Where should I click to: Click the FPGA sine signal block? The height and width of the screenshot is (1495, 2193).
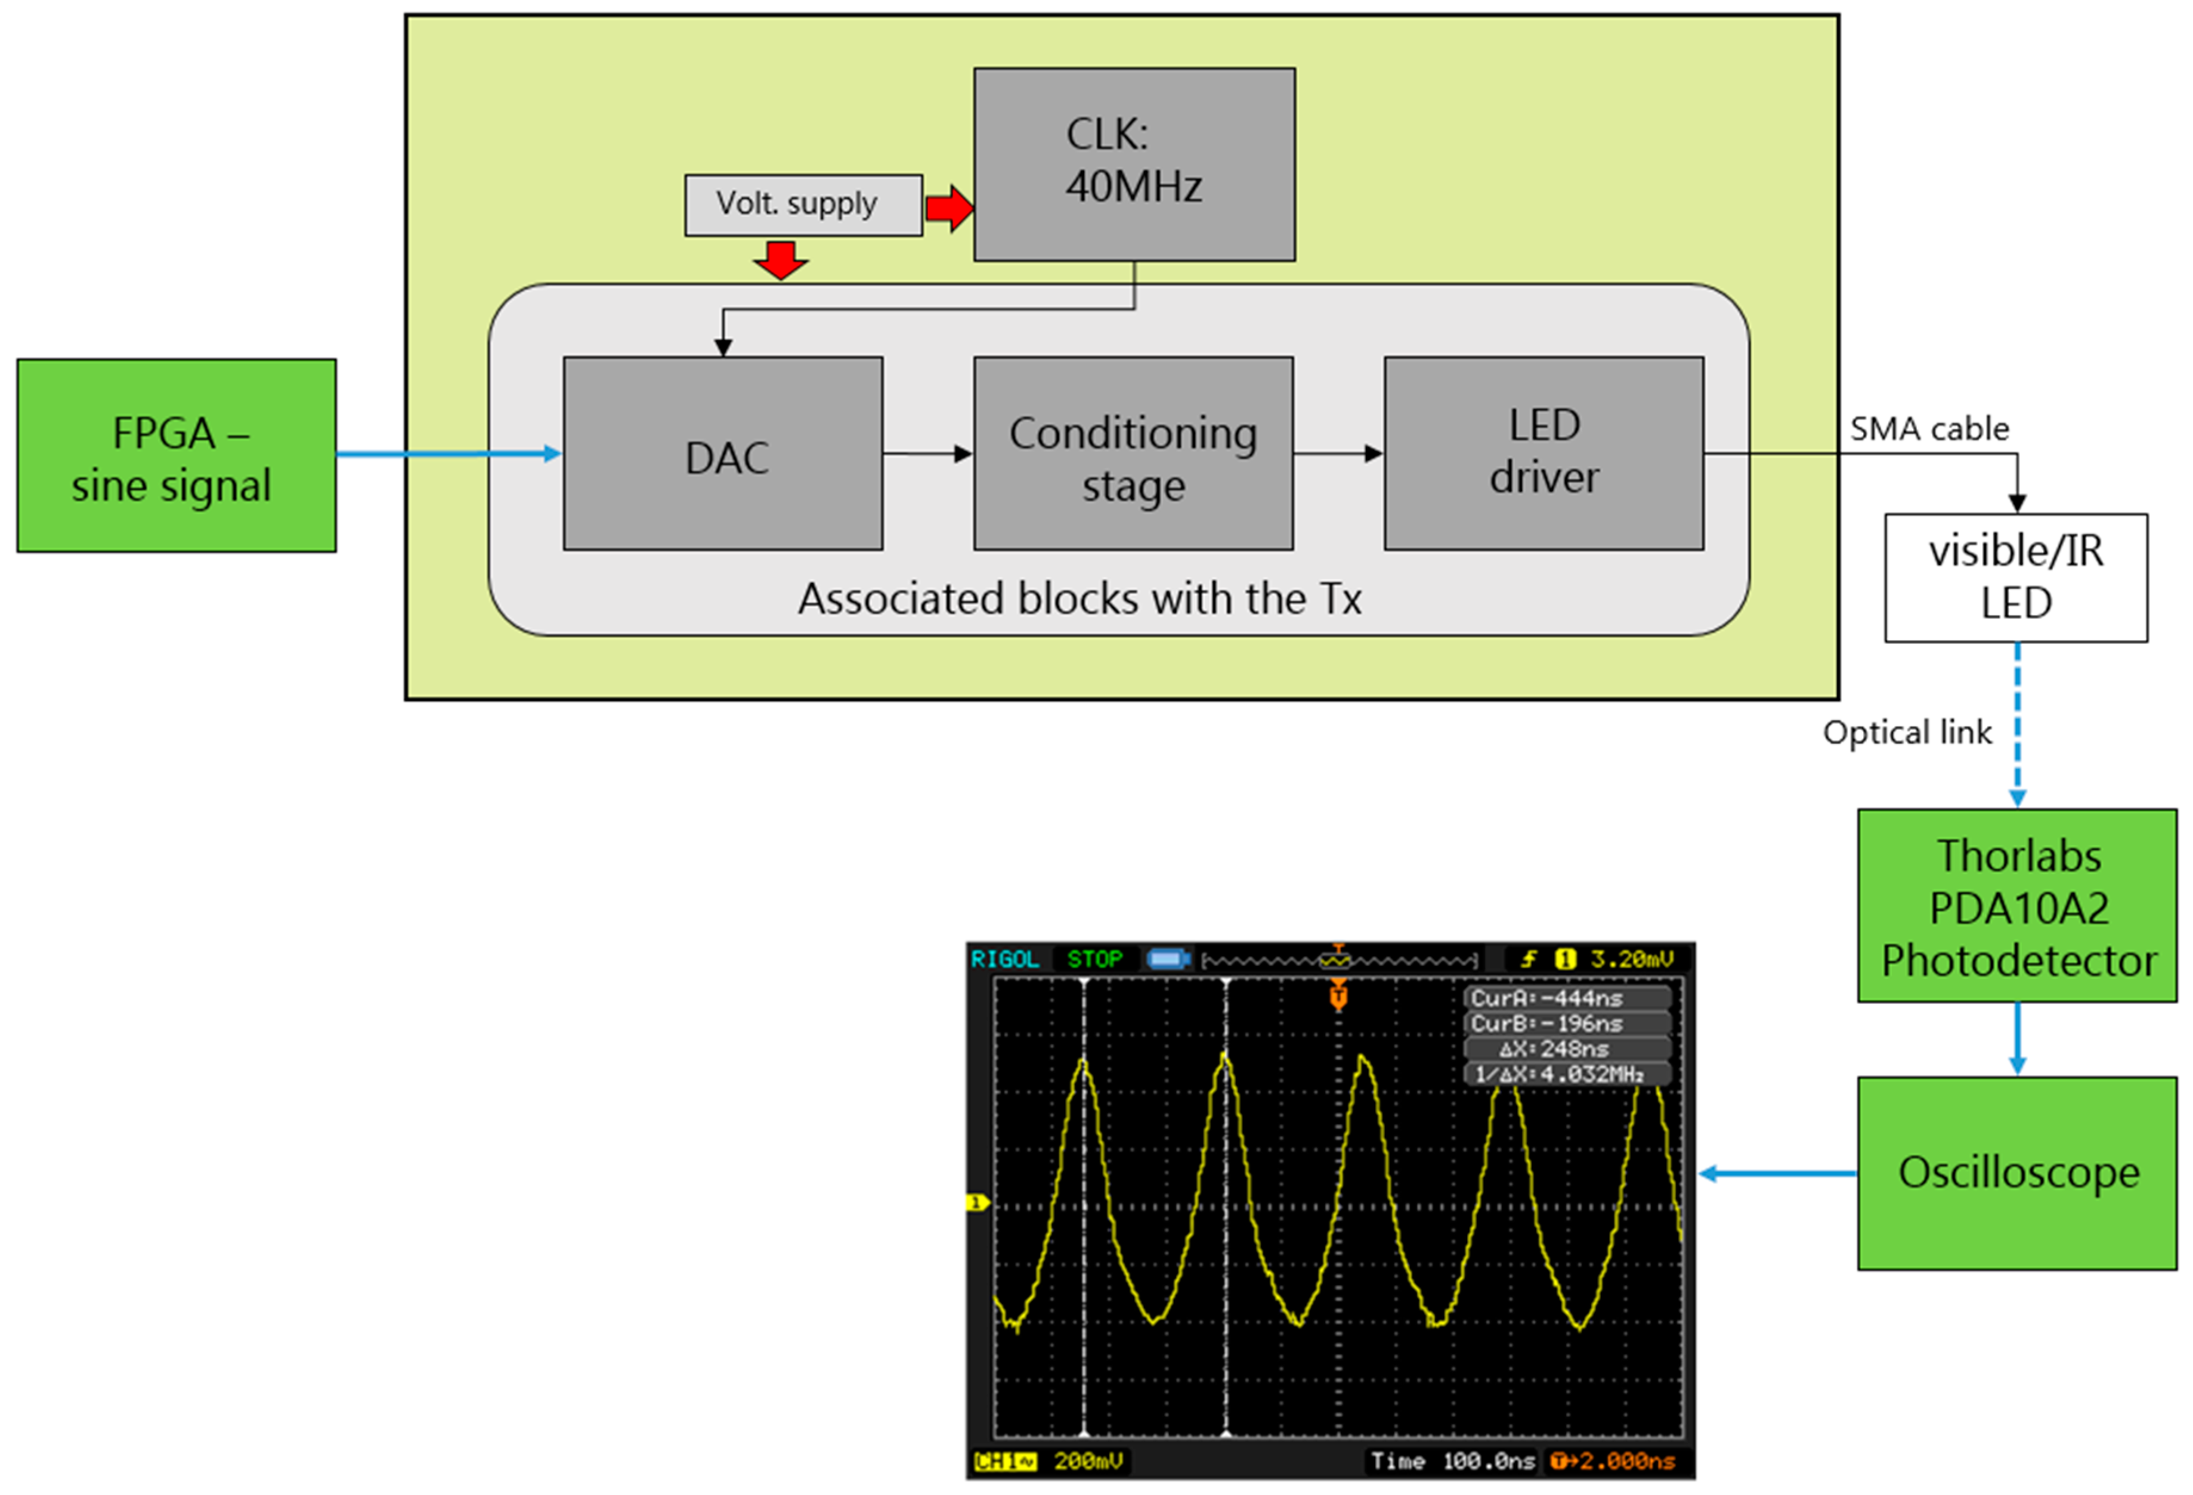pyautogui.click(x=177, y=455)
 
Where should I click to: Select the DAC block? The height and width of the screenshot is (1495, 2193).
pyautogui.click(x=723, y=454)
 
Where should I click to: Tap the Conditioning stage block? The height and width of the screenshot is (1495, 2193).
pyautogui.click(x=1133, y=454)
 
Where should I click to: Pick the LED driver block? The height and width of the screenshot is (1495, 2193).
pyautogui.click(x=1544, y=454)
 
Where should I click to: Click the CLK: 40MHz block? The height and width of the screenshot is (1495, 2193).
pyautogui.click(x=1134, y=164)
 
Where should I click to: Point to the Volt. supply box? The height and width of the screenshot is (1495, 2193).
pyautogui.click(x=803, y=204)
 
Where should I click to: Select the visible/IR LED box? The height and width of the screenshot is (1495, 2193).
pyautogui.click(x=2016, y=577)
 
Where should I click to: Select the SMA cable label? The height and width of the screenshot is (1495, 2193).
pyautogui.click(x=1929, y=429)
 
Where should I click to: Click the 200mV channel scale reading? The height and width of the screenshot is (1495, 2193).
pyautogui.click(x=1088, y=1461)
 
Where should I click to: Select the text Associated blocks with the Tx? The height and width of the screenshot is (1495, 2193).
pyautogui.click(x=1080, y=599)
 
